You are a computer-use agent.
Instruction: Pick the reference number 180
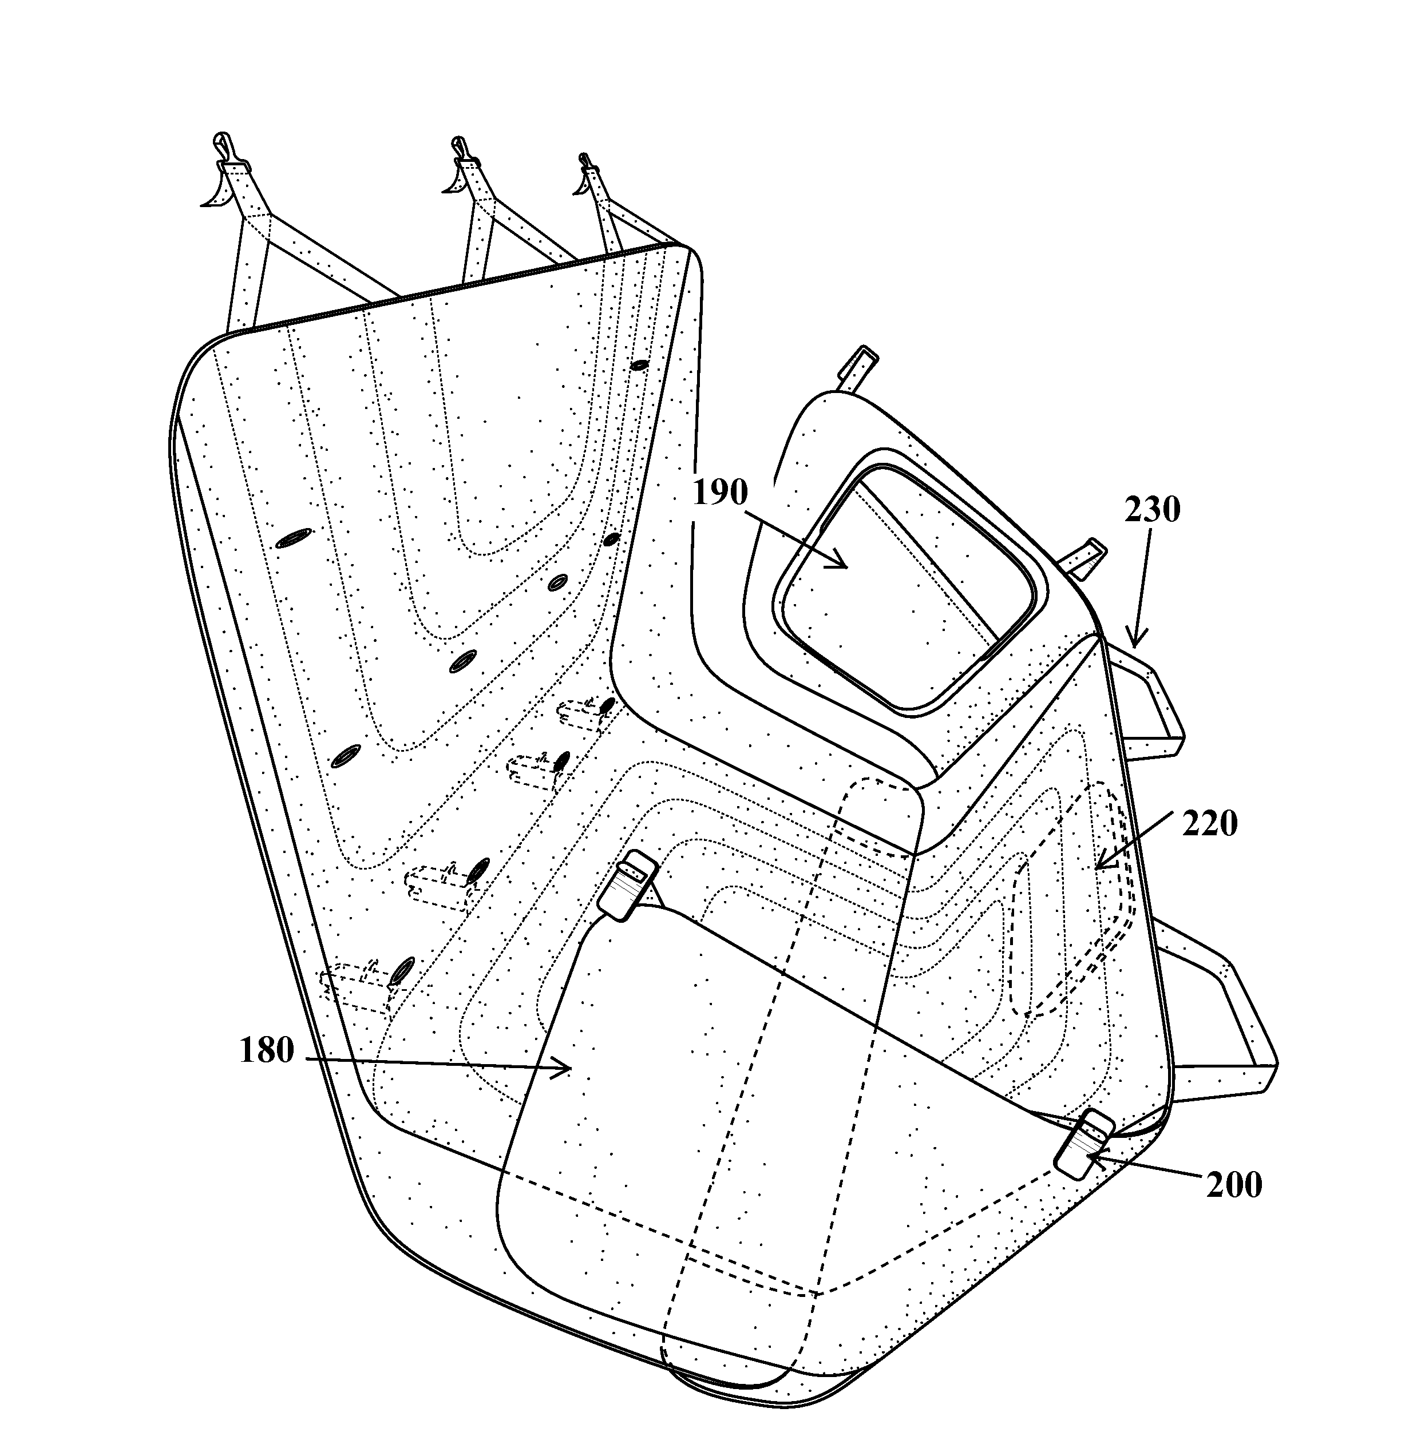[x=266, y=1051]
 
